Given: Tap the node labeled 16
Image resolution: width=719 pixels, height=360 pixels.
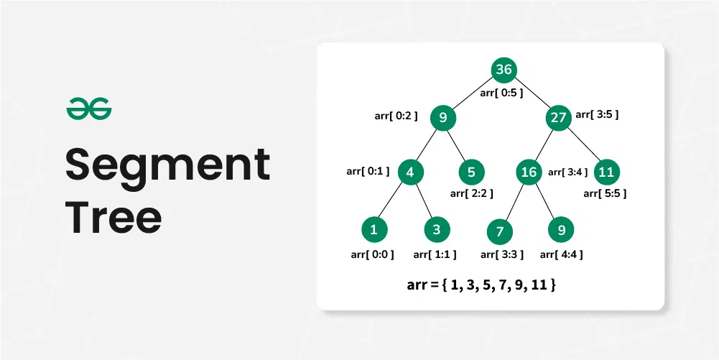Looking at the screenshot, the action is tap(529, 172).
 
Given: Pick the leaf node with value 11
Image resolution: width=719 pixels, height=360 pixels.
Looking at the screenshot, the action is tap(607, 172).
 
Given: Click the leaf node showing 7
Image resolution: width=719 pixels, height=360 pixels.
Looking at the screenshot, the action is tap(499, 232).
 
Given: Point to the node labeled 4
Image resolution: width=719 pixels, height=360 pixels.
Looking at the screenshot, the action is tap(409, 172).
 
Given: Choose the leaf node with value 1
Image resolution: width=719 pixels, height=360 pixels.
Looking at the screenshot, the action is tap(374, 230).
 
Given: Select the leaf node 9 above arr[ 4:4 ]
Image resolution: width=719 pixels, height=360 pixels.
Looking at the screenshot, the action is tap(561, 230).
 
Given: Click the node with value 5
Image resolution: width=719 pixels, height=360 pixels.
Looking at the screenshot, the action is tap(471, 172).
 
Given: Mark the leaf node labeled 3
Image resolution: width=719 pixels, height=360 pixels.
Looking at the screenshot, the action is tap(436, 230).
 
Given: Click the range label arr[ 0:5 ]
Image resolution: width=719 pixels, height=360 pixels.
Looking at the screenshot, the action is tap(501, 93).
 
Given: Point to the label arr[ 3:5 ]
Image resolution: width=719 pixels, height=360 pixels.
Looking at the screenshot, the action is tap(597, 114).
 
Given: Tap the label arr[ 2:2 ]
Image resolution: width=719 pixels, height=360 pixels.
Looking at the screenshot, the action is tap(471, 193).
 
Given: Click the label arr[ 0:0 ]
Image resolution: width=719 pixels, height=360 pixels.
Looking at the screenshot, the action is tap(372, 254).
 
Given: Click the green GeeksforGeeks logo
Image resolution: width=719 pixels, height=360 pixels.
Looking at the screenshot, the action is tap(89, 110).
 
